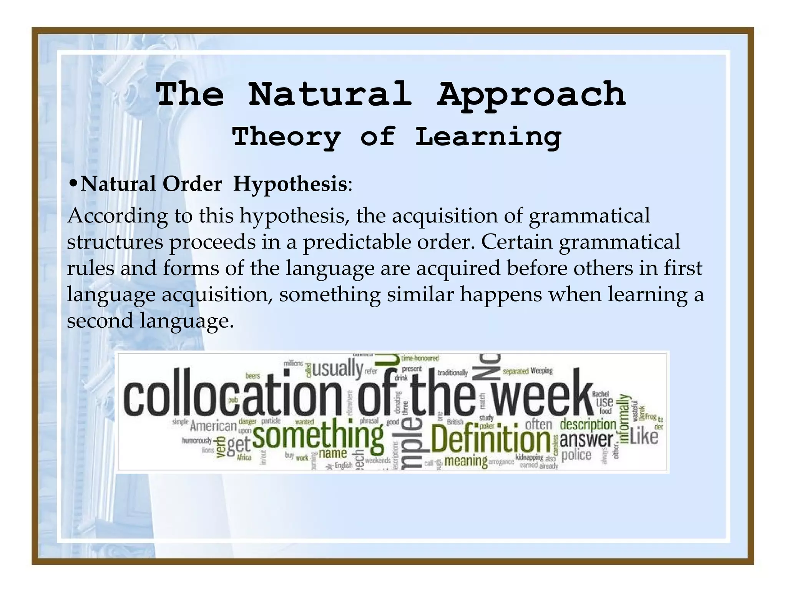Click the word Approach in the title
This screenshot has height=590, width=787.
click(531, 94)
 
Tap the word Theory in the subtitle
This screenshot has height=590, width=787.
click(287, 137)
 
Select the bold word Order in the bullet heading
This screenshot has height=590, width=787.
click(192, 184)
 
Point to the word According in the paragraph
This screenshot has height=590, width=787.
click(117, 216)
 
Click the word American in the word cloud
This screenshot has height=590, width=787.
click(213, 426)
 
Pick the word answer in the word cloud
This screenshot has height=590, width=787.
click(586, 440)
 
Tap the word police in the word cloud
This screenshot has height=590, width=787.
click(576, 456)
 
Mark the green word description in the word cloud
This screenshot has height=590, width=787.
click(588, 424)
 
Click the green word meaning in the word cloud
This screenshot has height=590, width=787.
click(466, 461)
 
